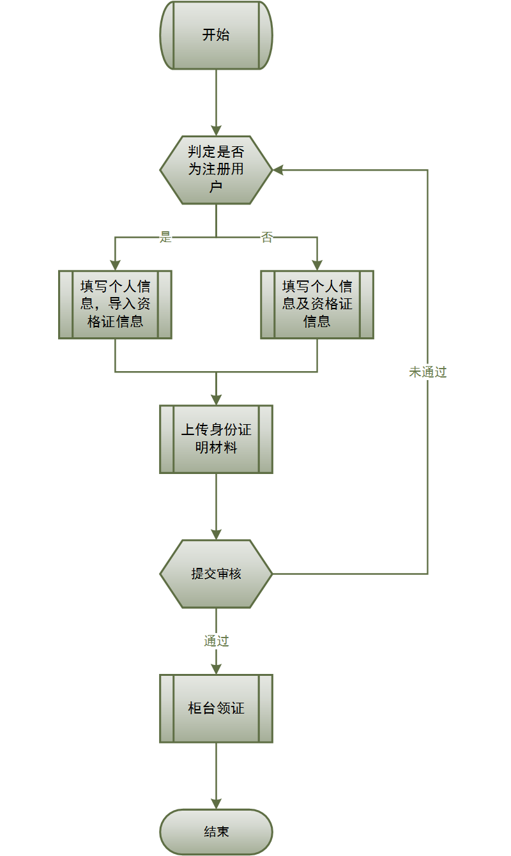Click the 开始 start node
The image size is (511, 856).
tap(216, 35)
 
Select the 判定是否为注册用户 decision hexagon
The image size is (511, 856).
tap(216, 170)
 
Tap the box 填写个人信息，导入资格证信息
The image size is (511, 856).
tap(115, 304)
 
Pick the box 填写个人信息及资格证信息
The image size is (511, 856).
tap(317, 304)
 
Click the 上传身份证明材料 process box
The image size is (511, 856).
tap(216, 439)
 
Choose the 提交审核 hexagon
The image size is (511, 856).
tap(216, 574)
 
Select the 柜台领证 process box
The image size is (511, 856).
tap(216, 708)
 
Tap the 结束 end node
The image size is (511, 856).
tap(216, 832)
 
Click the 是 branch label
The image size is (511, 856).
tap(166, 238)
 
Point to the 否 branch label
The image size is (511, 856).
tap(267, 238)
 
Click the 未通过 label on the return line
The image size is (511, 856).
tap(427, 372)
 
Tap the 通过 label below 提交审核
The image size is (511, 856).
tap(216, 641)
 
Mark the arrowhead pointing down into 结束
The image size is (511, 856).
tap(216, 804)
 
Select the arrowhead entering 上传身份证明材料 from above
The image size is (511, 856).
tap(216, 399)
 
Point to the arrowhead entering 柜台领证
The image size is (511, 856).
tap(216, 669)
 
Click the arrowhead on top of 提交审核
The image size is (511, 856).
tap(216, 534)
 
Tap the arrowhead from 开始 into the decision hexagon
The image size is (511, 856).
tap(216, 130)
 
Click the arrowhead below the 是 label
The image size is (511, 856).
tap(115, 264)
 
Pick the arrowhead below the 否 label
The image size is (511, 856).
tap(317, 264)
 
